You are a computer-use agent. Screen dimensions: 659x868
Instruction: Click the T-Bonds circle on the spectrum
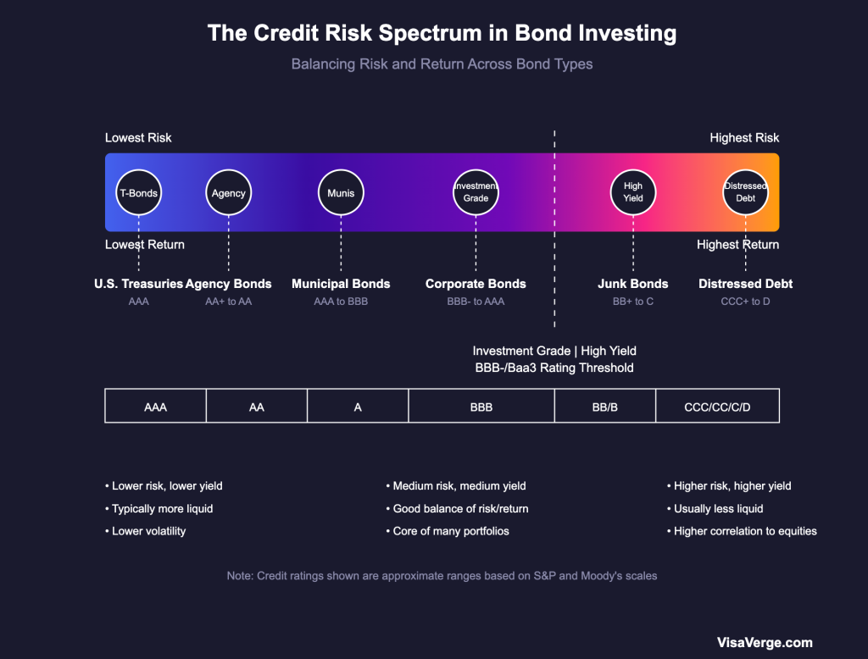[x=138, y=193]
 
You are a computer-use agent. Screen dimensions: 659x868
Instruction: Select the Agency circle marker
[x=229, y=193]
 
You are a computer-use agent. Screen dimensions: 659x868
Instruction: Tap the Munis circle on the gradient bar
[x=341, y=193]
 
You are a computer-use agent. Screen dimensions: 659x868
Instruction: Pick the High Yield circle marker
[x=633, y=193]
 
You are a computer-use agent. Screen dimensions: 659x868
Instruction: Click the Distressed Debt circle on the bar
[x=745, y=193]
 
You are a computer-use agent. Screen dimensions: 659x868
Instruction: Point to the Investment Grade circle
[x=476, y=193]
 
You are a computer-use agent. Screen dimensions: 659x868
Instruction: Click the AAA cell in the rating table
[x=155, y=407]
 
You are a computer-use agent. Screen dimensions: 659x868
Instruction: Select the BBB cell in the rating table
[x=481, y=407]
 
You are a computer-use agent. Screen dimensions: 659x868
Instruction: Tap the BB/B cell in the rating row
[x=604, y=407]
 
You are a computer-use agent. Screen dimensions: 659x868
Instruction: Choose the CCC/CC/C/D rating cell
[x=717, y=407]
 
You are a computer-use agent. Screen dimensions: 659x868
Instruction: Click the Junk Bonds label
[x=633, y=284]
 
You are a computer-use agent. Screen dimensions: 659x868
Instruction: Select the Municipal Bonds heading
[x=341, y=284]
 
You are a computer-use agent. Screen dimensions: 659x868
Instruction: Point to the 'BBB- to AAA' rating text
[x=476, y=302]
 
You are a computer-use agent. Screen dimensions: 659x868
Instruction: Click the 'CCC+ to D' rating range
[x=745, y=302]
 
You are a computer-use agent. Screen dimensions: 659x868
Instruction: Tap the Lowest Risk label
[x=138, y=138]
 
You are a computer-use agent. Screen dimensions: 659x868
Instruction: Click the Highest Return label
[x=737, y=245]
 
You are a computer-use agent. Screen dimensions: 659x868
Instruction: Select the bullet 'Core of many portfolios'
[x=451, y=531]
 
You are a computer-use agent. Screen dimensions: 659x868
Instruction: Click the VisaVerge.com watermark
[x=765, y=643]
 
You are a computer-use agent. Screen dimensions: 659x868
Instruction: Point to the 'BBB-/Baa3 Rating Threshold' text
[x=554, y=368]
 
